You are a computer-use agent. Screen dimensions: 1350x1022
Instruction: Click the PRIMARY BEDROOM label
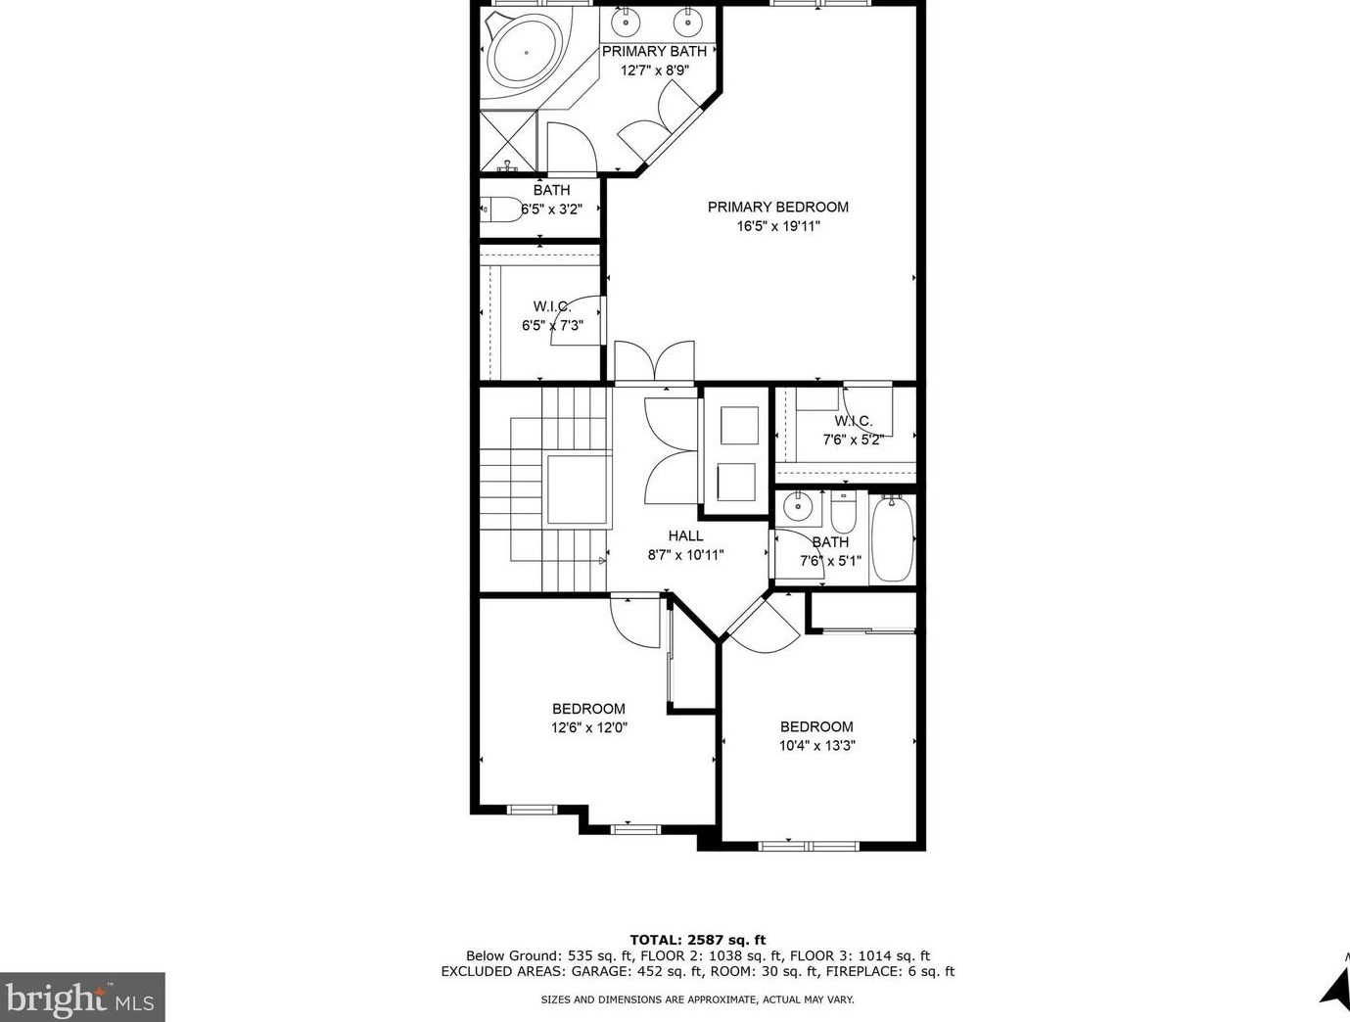[778, 208]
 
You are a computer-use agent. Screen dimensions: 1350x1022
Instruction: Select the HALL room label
[685, 535]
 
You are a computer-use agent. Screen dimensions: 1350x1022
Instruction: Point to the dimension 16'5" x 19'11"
[778, 226]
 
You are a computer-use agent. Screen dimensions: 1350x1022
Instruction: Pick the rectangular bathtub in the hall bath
[893, 538]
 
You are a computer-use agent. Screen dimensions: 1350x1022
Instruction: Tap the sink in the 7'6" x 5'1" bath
[798, 507]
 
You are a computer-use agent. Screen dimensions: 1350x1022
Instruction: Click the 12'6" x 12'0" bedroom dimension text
[589, 728]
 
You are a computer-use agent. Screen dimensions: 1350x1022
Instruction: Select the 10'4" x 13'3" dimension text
[817, 746]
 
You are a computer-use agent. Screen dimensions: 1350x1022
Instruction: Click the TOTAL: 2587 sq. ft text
[697, 940]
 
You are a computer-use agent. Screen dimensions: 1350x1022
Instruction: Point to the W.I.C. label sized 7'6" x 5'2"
[853, 421]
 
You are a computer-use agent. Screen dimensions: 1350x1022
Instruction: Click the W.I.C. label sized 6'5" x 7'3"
[552, 306]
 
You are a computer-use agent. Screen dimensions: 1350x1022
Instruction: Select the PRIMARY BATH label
[654, 52]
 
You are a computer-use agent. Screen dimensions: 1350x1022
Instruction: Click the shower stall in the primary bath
[508, 141]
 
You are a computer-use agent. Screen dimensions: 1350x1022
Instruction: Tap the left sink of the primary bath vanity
[626, 23]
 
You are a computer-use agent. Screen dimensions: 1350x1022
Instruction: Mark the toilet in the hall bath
[843, 512]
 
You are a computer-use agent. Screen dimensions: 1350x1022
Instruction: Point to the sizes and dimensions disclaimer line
[697, 999]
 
